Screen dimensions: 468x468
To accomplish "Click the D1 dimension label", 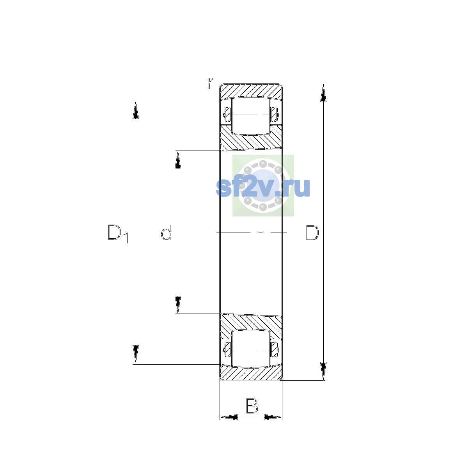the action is [x=118, y=234].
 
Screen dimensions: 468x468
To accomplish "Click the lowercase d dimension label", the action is [x=167, y=232].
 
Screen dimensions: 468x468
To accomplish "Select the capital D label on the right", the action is [x=312, y=232].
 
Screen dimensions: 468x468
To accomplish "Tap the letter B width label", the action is [x=252, y=406].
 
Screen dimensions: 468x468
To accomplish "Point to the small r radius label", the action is [x=211, y=83].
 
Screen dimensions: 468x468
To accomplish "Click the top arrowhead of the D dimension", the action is [x=323, y=93].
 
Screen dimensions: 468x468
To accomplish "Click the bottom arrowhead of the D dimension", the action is [x=323, y=371].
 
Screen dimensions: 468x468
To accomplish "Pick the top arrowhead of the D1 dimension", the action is [x=135, y=110].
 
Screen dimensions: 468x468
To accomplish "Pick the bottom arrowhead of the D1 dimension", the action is [x=135, y=354].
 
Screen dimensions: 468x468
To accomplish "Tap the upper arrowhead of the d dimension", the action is [x=178, y=160].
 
